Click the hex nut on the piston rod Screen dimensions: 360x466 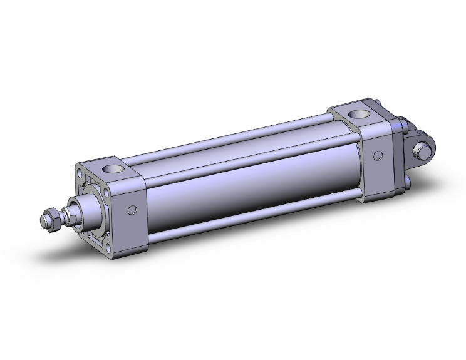pyautogui.click(x=54, y=220)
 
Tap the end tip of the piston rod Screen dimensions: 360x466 pyautogui.click(x=43, y=220)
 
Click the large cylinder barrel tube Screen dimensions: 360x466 pyautogui.click(x=251, y=182)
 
